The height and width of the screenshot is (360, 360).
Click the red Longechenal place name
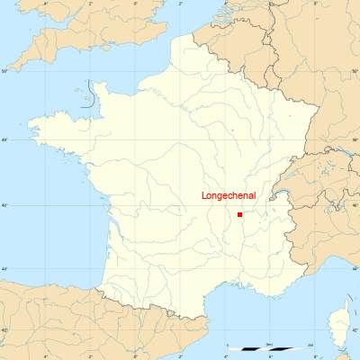pyautogui.click(x=229, y=195)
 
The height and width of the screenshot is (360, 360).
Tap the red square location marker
pyautogui.click(x=240, y=214)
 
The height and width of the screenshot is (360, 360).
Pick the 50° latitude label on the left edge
pyautogui.click(x=4, y=69)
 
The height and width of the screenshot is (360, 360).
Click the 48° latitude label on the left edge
pyautogui.click(x=4, y=139)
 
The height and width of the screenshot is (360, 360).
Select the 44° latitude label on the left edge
pyautogui.click(x=4, y=269)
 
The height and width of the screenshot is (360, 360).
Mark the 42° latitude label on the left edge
pyautogui.click(x=4, y=330)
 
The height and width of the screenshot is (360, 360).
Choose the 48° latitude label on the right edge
pyautogui.click(x=355, y=139)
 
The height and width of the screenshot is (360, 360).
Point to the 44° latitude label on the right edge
pyautogui.click(x=355, y=269)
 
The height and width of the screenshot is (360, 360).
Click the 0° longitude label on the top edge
pyautogui.click(x=135, y=4)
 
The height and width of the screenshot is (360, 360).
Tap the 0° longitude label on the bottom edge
pyautogui.click(x=135, y=356)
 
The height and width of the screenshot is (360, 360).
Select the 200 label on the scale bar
pyautogui.click(x=310, y=344)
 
